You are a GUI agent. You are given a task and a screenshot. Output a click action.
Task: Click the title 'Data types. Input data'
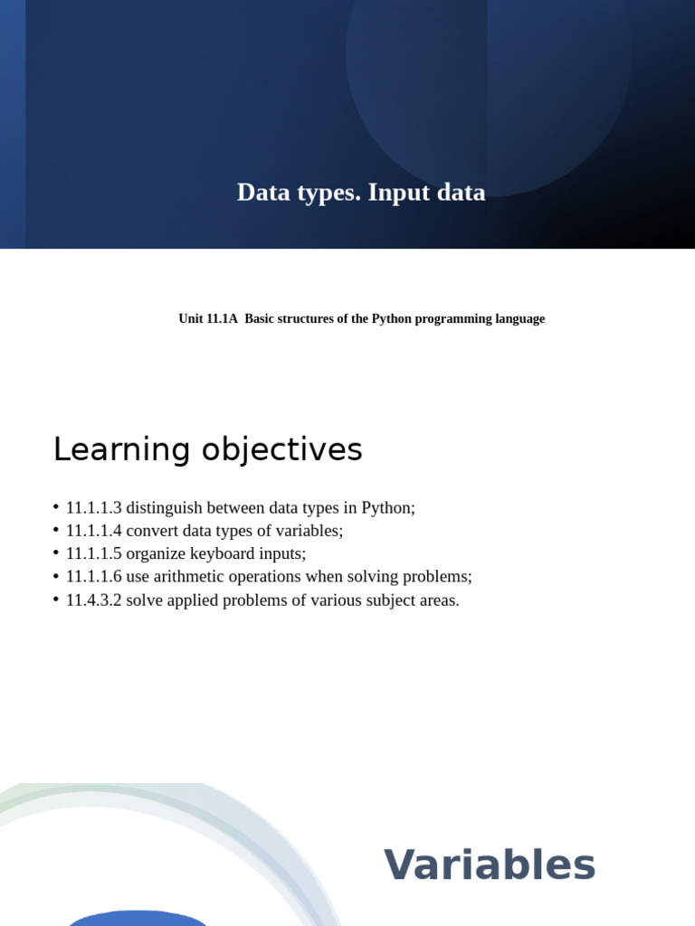point(361,193)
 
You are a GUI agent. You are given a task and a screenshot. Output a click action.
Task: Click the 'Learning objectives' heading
point(207,449)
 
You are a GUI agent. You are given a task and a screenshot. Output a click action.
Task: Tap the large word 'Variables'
point(490,865)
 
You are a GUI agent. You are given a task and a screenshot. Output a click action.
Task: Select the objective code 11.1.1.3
point(93,508)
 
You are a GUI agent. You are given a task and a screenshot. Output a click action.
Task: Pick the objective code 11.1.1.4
point(93,532)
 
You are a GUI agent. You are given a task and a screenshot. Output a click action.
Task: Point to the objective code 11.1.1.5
point(93,554)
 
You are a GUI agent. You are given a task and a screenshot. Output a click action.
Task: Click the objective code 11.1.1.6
point(93,577)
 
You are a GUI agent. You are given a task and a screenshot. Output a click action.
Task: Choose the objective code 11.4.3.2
point(93,600)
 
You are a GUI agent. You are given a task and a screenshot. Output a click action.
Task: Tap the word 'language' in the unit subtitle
point(519,319)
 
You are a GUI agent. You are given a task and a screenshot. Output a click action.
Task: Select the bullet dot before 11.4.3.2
point(56,599)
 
